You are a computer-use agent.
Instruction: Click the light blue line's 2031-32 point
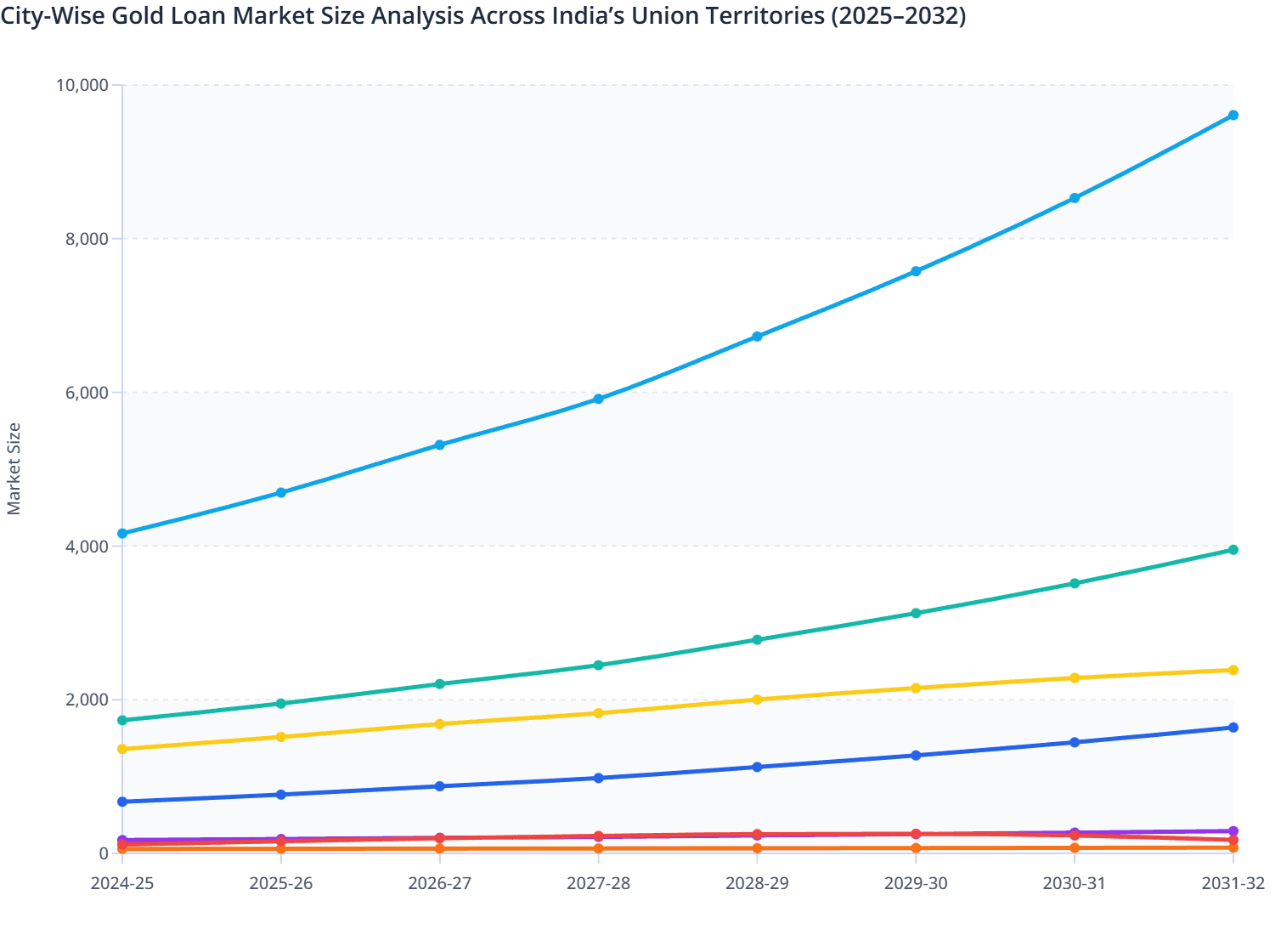1233,116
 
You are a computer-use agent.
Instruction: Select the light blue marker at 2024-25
122,534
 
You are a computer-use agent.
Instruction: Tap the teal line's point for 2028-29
757,639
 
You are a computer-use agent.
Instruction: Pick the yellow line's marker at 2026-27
440,724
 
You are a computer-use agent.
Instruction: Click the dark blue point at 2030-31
1075,742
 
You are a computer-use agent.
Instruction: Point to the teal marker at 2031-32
1233,550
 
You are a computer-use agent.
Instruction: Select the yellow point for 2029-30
916,688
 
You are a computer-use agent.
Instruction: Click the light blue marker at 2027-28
599,399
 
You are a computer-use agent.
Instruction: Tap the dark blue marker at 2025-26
281,795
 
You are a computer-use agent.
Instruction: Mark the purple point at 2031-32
1233,831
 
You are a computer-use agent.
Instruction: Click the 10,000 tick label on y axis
82,85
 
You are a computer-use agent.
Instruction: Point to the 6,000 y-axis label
87,393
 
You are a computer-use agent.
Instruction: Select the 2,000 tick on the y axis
87,700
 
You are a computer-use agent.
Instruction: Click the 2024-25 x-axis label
122,883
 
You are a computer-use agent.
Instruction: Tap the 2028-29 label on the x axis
757,883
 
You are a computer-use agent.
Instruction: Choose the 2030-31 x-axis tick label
1075,883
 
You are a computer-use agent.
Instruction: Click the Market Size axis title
14,468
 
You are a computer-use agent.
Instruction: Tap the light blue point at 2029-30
916,271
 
